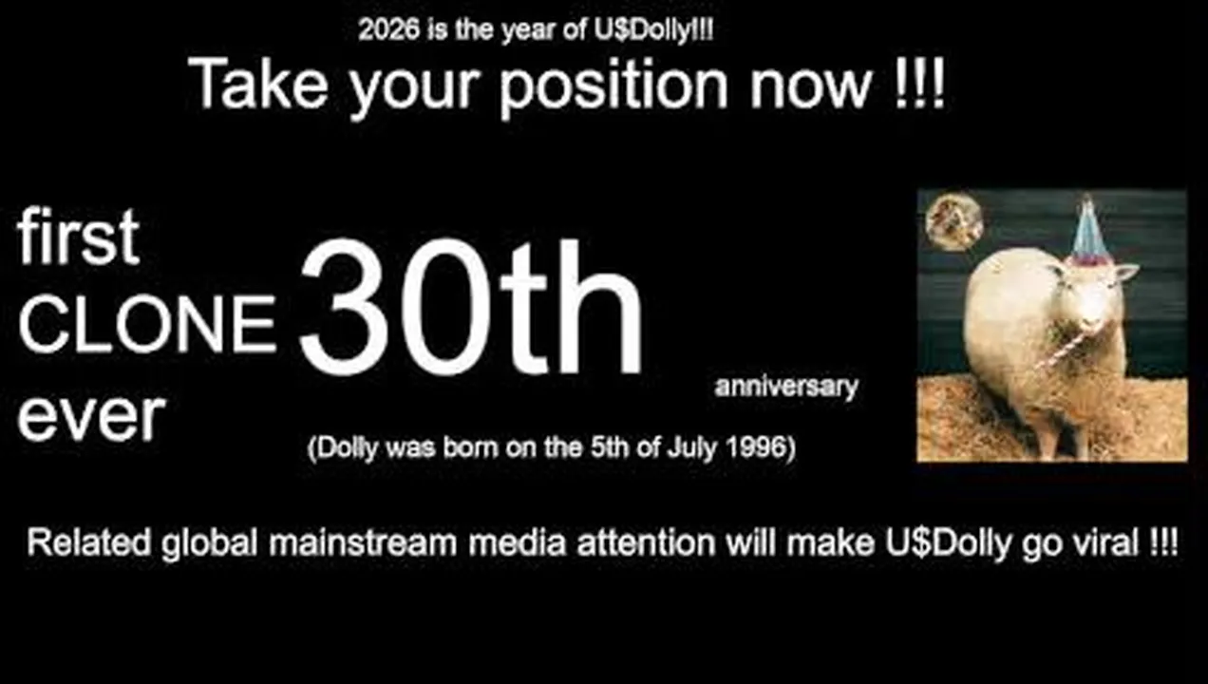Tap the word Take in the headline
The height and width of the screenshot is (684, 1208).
coord(257,84)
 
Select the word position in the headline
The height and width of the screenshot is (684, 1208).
coord(613,87)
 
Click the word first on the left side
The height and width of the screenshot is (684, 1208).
coord(79,237)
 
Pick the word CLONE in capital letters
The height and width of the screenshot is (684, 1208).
coord(147,325)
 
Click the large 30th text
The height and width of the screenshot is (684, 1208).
coord(470,308)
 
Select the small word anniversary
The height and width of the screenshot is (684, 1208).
coord(785,388)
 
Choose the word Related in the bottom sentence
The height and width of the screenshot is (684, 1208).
coord(89,542)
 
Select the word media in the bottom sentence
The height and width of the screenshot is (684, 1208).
coord(518,542)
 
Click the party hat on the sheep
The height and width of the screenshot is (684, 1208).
coord(1089,232)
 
